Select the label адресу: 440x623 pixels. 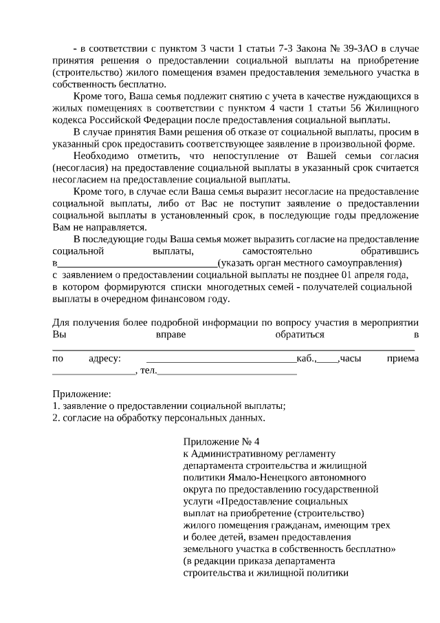tap(105, 359)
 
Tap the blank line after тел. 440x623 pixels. tap(228, 371)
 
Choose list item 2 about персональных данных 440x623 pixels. tap(158, 418)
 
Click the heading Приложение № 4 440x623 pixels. tap(222, 441)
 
